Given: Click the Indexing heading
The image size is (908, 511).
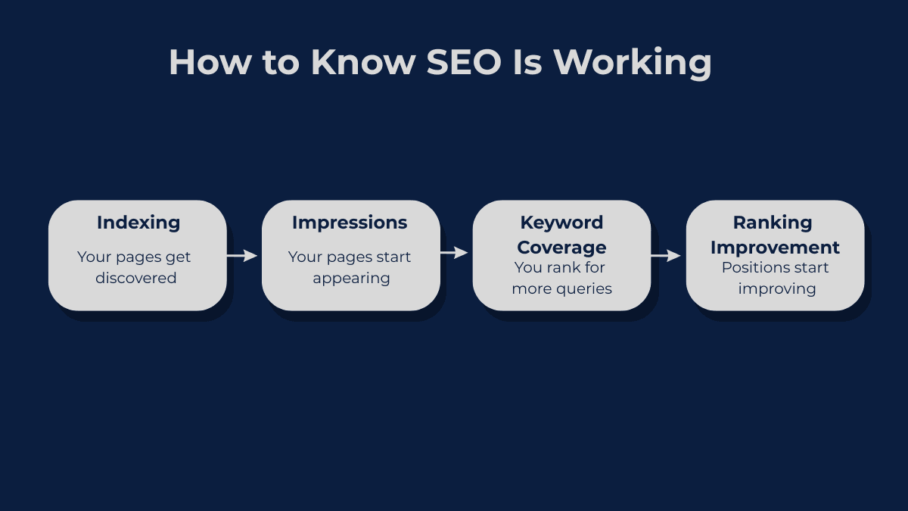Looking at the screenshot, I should (x=138, y=223).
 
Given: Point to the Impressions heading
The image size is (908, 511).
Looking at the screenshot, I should (x=350, y=223).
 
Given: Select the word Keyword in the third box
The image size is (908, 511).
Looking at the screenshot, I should (x=561, y=223).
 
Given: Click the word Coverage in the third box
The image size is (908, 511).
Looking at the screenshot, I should (x=561, y=248).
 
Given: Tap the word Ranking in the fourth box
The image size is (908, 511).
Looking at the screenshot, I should (x=773, y=223).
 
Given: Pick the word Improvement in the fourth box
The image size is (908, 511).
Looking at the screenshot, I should (x=775, y=248).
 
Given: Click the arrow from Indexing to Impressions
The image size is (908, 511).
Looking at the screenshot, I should (x=242, y=256).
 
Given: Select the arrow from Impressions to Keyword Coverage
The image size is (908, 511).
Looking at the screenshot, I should (x=454, y=254).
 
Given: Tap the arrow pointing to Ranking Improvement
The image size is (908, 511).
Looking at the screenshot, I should (x=666, y=257).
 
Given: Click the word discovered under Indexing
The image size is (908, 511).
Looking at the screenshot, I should (x=135, y=278).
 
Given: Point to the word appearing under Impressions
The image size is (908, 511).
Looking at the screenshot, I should (x=351, y=278).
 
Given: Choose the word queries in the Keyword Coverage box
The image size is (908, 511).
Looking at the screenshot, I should (x=584, y=288).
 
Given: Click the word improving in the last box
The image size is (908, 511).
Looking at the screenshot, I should (x=777, y=288).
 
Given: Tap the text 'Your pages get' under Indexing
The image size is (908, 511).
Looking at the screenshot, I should (x=134, y=257).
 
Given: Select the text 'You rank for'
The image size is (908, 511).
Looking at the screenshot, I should (x=560, y=267).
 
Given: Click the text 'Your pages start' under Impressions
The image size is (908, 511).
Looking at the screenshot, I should (x=350, y=257).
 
